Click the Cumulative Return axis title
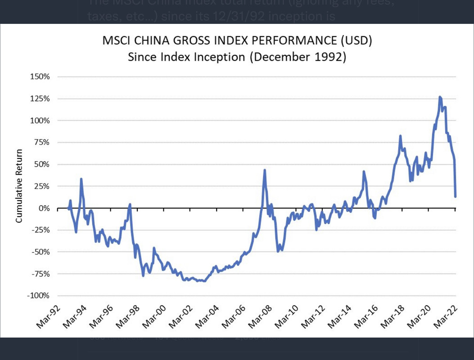point(19,186)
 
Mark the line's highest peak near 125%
point(440,97)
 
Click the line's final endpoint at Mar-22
point(456,196)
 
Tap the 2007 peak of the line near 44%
point(265,170)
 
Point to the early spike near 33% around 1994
point(81,179)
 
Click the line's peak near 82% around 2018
point(400,136)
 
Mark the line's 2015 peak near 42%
point(364,171)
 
